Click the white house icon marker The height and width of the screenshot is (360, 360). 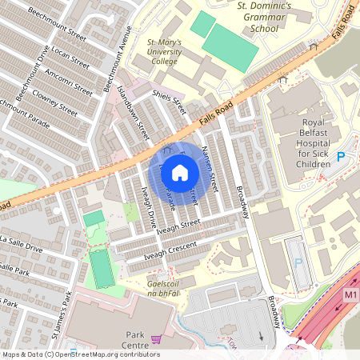[180, 173]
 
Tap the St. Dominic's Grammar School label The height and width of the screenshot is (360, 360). [253, 18]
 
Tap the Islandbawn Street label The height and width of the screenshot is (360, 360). [133, 114]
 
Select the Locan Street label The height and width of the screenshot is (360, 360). [70, 60]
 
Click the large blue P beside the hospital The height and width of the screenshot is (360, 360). [341, 157]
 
